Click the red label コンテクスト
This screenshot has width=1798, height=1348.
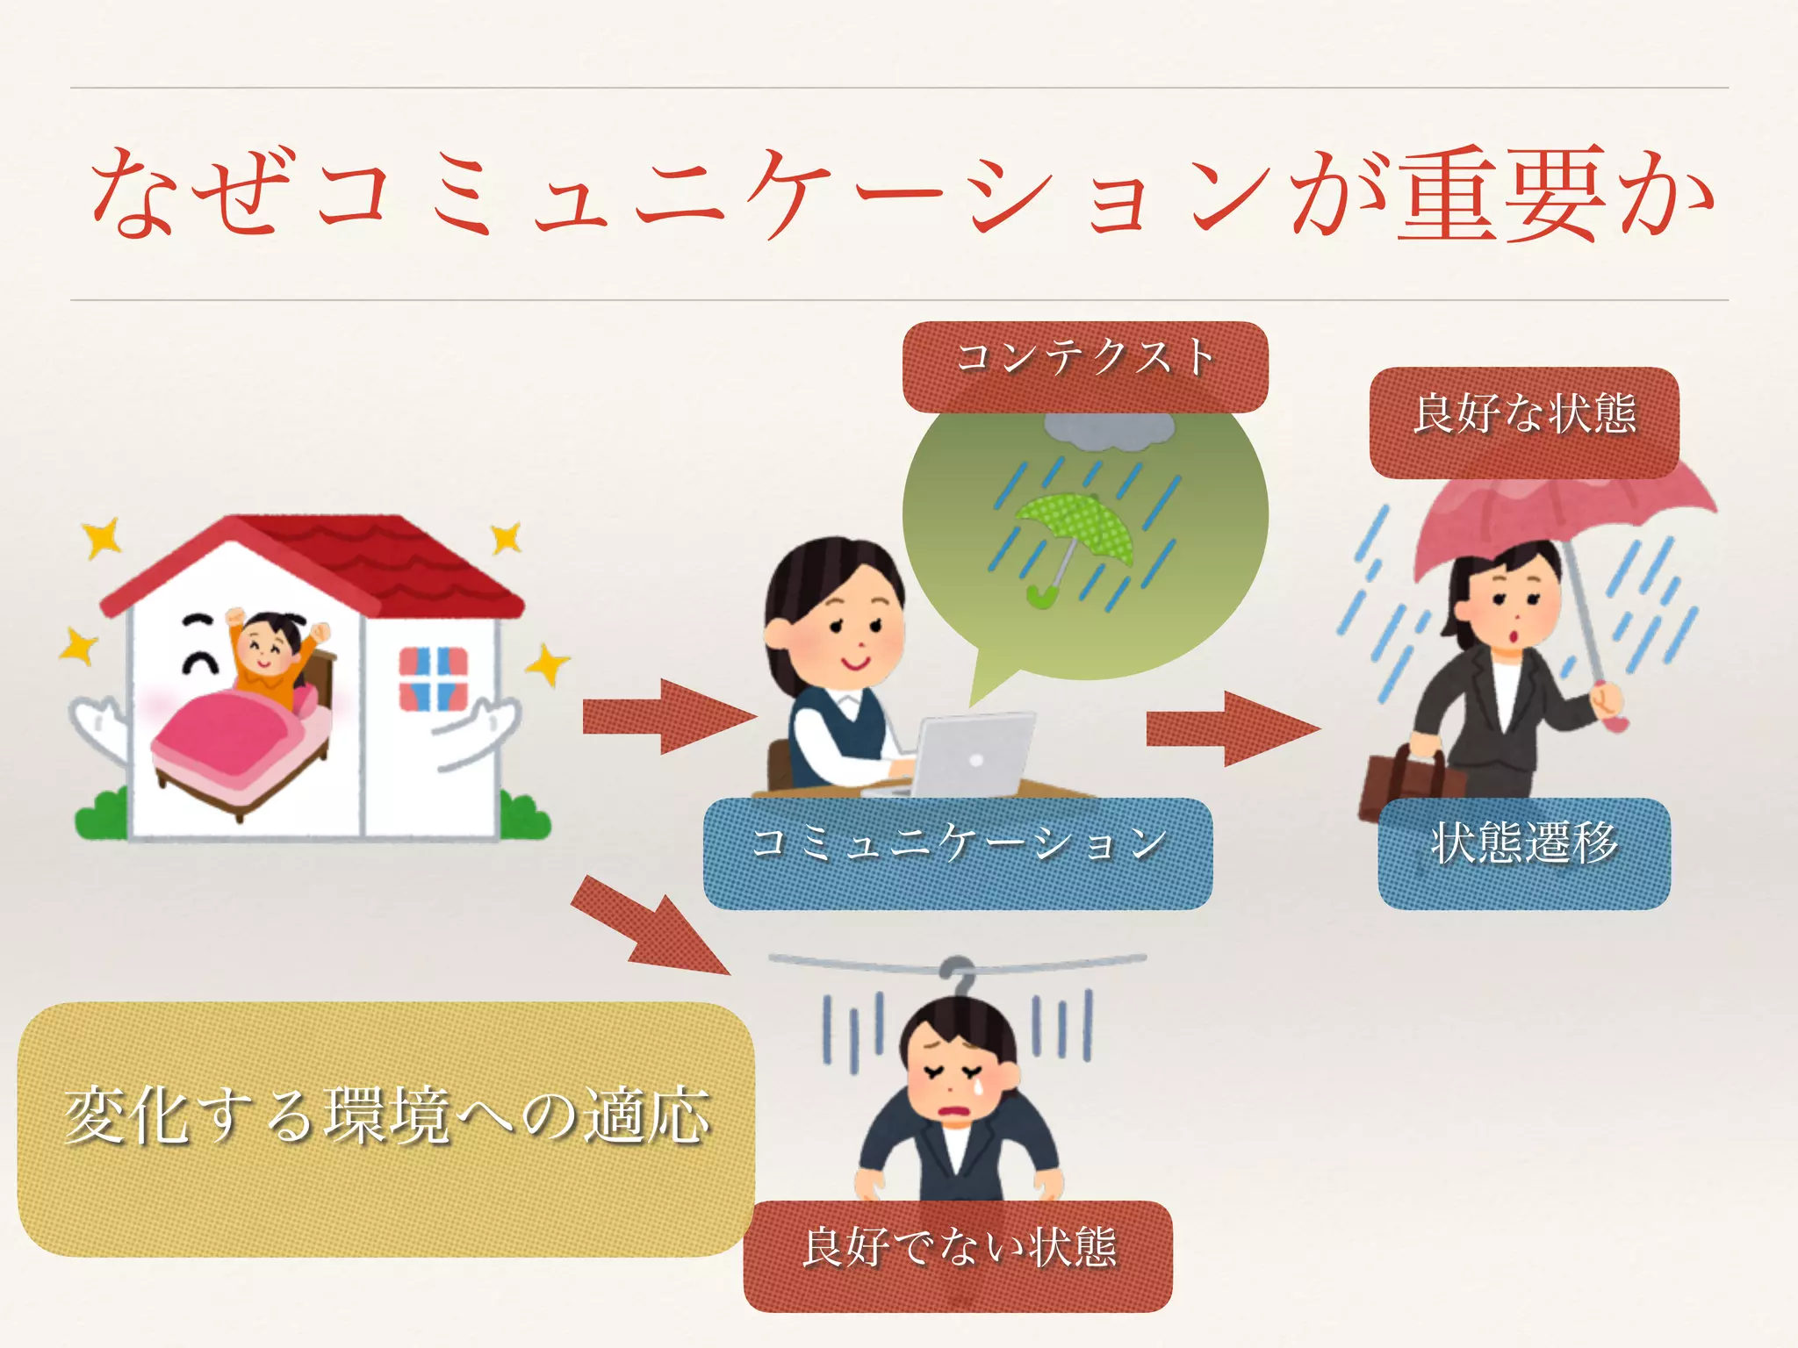[1085, 365]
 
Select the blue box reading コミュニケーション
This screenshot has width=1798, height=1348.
[958, 851]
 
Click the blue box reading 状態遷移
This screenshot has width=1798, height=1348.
[1524, 851]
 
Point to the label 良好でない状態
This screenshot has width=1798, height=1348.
[958, 1255]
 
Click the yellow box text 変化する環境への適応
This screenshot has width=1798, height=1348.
[386, 1116]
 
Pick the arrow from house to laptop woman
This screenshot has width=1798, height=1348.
[667, 716]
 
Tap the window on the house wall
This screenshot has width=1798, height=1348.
[434, 678]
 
